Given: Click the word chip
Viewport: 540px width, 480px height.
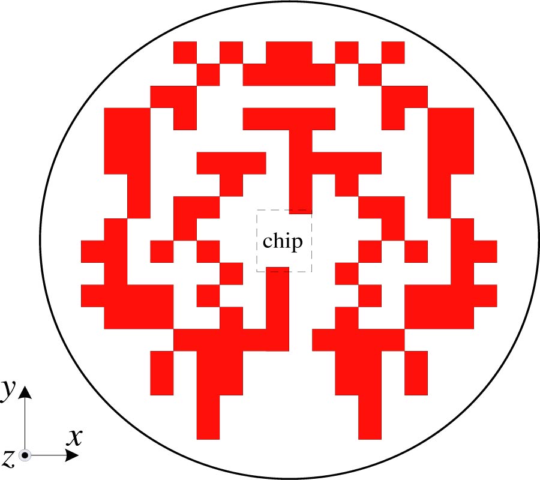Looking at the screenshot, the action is coord(283,242).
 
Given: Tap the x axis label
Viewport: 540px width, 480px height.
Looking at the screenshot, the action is coord(74,437).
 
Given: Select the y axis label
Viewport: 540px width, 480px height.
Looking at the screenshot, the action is coord(8,390).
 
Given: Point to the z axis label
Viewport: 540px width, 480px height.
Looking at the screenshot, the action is coord(8,458).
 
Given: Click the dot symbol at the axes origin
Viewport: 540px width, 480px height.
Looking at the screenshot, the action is coord(25,455).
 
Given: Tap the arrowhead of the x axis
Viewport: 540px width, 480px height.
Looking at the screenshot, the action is coord(72,455).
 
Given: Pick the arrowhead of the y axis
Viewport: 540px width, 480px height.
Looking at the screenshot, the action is coord(25,392).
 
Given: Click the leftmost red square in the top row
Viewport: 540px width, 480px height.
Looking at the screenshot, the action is coord(185,53).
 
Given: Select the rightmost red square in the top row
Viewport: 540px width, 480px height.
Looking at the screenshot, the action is coord(393,53).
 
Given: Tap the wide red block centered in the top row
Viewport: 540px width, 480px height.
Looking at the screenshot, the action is coord(289,53).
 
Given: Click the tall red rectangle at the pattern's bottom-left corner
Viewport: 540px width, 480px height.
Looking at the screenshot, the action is coord(162,373).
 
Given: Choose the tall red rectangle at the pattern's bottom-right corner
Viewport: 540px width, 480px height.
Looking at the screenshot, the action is coord(416,373).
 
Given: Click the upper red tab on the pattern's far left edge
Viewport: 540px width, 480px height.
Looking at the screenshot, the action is coord(92,252).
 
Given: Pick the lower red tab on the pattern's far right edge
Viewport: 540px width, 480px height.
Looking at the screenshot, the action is coord(485,296).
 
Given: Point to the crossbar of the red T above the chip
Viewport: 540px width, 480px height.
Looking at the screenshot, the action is coord(289,119).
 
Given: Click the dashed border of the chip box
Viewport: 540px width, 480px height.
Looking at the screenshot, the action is coord(257,241).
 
